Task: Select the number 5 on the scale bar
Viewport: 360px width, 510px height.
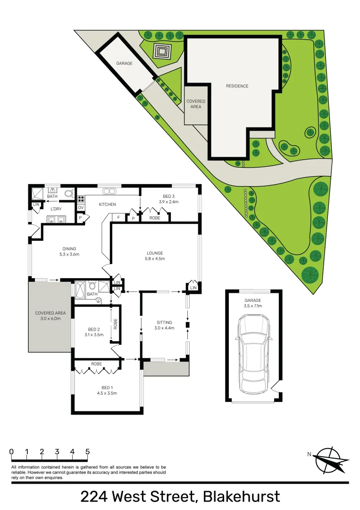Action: [x=88, y=451]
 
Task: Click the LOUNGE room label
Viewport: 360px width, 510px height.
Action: [x=155, y=253]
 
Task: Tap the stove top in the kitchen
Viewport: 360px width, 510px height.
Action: [x=81, y=199]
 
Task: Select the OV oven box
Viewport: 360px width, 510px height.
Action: [x=81, y=207]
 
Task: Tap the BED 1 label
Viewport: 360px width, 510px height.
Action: [x=107, y=387]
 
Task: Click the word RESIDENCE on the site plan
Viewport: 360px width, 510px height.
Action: [x=237, y=86]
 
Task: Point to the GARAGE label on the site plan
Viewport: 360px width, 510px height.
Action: [x=125, y=63]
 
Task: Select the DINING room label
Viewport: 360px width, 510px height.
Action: [x=69, y=249]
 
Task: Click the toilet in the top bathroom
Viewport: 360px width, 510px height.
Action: [x=68, y=194]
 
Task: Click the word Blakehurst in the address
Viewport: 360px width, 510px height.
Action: [x=241, y=497]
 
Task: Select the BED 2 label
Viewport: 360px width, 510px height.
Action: [x=94, y=329]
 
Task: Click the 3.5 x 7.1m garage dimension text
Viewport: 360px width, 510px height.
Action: [x=253, y=306]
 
